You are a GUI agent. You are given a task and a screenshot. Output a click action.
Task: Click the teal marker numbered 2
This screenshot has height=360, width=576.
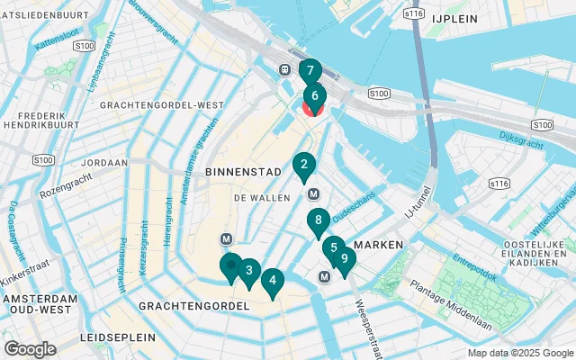pos(304,165)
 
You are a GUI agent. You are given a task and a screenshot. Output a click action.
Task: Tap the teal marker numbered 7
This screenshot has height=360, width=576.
pos(310,70)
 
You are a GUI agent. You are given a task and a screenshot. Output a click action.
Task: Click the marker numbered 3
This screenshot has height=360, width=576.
pos(248,270)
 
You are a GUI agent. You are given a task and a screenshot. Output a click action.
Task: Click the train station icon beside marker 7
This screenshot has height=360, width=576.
pos(284,69)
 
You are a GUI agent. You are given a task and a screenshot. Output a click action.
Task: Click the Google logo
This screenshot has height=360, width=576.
pos(31,348)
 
